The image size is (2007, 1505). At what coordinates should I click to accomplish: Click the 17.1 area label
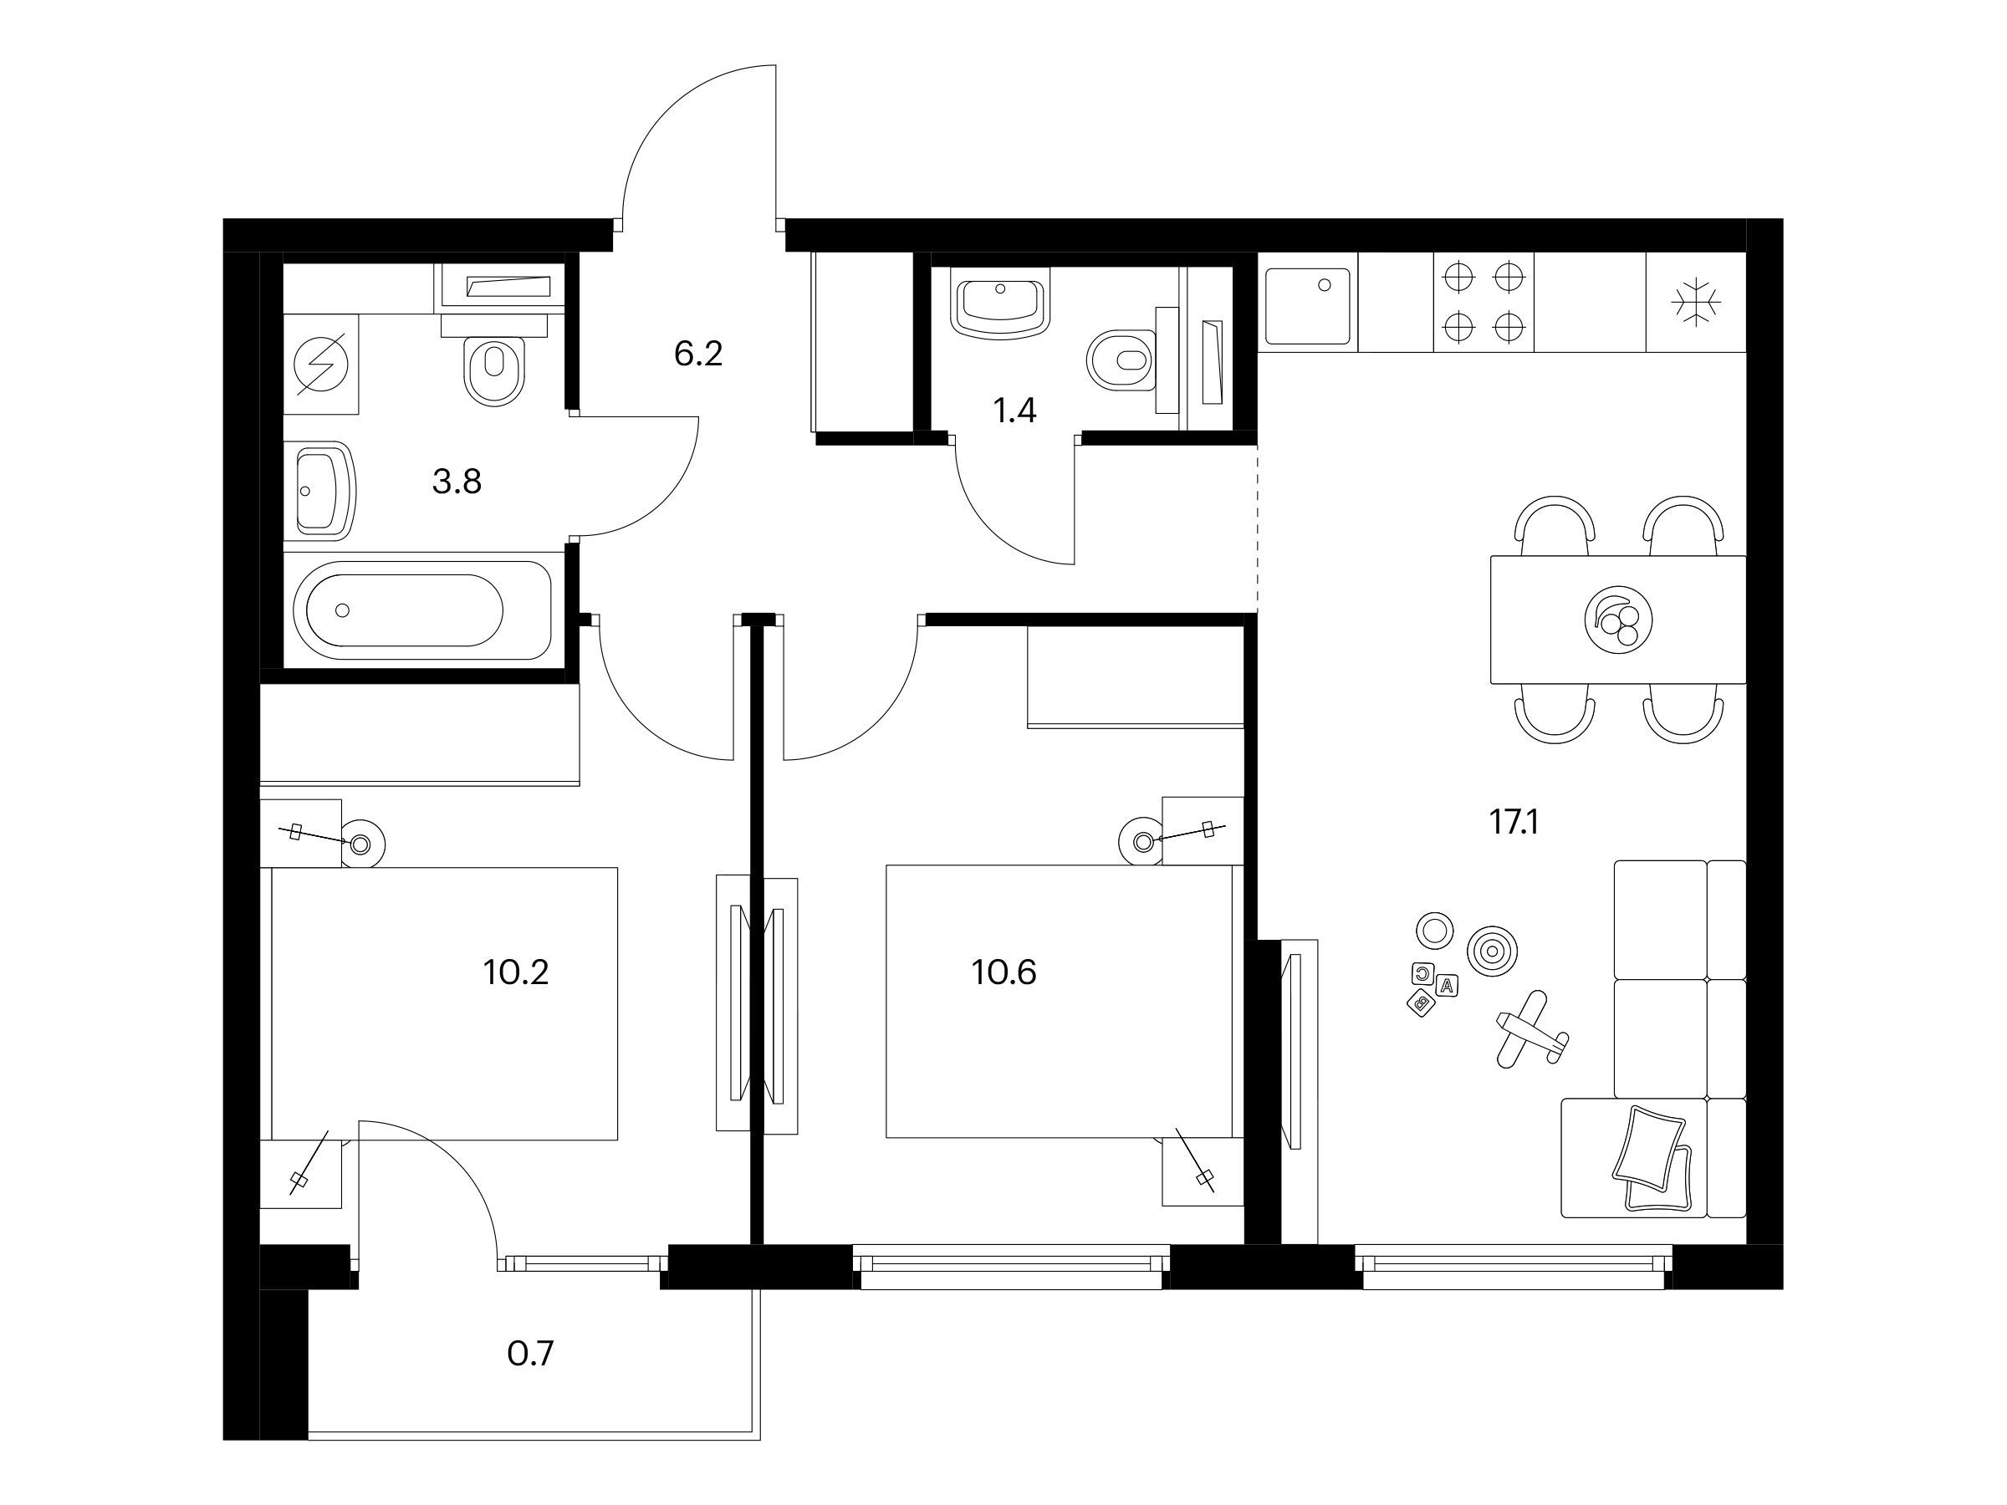tap(1514, 823)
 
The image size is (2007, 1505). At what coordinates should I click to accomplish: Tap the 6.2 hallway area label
tap(697, 353)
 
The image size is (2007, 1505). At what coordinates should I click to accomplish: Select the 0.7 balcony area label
tap(530, 1354)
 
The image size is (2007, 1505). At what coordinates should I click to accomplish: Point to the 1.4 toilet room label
tap(1014, 411)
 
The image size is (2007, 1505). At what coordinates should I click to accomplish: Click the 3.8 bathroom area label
tap(457, 481)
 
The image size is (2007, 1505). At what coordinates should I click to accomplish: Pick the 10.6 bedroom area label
tap(1004, 972)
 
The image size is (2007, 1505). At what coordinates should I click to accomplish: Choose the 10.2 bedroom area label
tap(515, 972)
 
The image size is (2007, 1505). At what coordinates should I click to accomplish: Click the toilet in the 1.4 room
tap(1121, 362)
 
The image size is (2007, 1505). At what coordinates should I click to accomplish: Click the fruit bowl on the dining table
tap(1616, 620)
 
